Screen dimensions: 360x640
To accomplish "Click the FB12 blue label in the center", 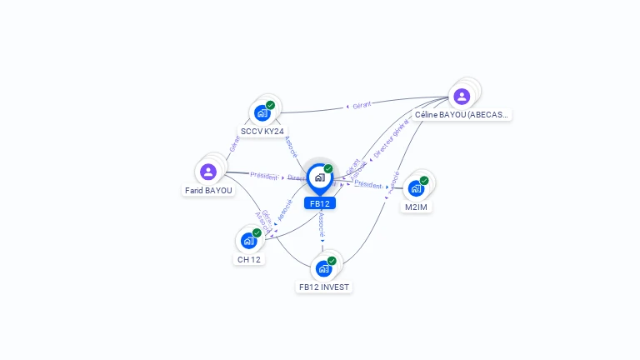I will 320,203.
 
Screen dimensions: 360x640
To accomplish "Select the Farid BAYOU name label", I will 208,190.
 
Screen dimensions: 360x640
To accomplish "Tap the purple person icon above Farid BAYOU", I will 208,172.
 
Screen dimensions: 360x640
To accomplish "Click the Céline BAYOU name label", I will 462,115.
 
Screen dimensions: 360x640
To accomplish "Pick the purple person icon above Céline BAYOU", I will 462,96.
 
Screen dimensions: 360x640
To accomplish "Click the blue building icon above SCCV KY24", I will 262,112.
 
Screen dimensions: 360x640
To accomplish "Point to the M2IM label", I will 416,207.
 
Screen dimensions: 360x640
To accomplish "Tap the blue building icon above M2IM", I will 416,188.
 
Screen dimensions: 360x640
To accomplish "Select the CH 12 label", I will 249,259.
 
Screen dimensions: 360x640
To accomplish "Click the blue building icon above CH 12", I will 248,240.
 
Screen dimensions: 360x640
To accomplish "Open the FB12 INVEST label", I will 324,287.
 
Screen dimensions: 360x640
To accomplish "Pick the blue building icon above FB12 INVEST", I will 323,268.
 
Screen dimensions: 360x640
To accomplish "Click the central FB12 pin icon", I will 319,177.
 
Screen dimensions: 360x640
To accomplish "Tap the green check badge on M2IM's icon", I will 424,180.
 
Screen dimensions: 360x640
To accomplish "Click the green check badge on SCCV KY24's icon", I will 271,105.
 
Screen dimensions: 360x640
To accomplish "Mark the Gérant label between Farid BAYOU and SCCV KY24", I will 234,142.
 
